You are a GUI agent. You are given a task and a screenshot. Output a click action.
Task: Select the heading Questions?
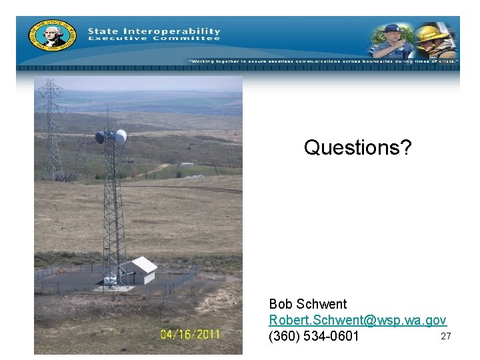358,147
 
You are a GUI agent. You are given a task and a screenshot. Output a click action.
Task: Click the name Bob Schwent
308,305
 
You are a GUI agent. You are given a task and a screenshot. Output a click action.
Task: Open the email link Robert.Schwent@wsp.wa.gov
357,320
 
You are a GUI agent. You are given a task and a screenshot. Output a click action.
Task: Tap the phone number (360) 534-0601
314,336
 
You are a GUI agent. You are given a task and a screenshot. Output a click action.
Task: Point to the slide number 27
446,336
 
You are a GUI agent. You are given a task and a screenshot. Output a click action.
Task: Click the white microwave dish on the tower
121,137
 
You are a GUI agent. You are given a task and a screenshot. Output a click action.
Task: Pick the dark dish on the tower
100,137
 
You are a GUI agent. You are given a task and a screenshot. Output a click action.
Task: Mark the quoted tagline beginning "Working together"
323,61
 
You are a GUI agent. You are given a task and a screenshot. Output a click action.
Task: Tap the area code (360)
283,336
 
